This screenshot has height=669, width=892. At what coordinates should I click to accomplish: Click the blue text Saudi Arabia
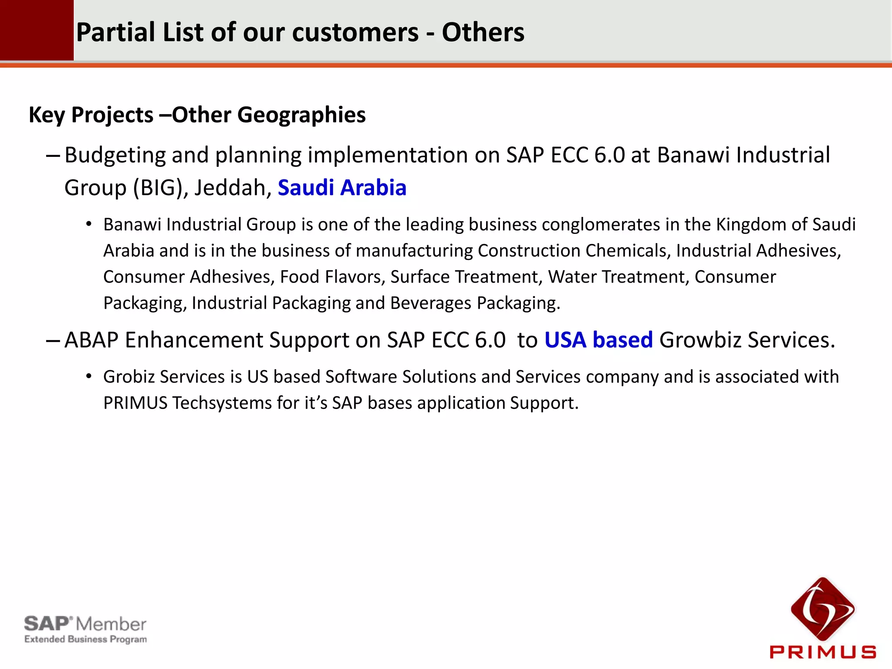tap(342, 188)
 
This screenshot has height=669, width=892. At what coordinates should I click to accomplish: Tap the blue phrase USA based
tap(598, 340)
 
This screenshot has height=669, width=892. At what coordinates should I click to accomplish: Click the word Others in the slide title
tap(483, 33)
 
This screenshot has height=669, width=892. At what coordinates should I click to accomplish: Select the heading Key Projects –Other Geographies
tap(197, 115)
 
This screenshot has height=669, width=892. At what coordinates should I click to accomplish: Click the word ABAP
tap(91, 340)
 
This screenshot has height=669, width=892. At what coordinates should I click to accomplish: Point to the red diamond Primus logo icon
tap(822, 608)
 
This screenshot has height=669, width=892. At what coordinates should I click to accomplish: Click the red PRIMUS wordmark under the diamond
tap(822, 652)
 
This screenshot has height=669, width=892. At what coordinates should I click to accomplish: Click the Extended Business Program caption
tap(85, 639)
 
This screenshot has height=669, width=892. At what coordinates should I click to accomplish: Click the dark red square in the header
tap(37, 30)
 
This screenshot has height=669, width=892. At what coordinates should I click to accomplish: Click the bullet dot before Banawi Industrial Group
tap(89, 225)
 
